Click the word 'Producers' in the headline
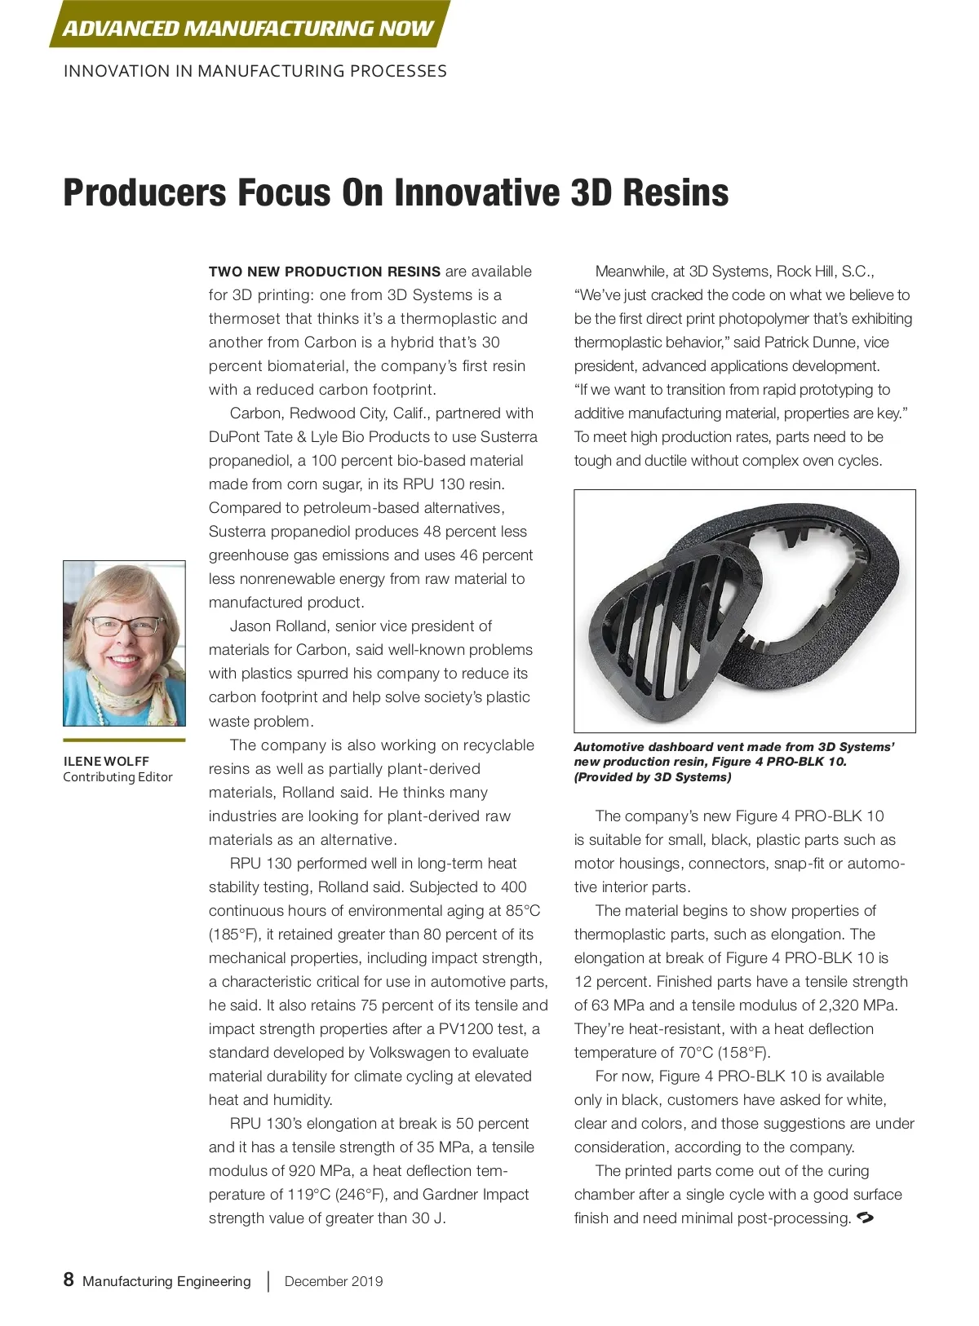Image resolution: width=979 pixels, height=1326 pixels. pyautogui.click(x=144, y=193)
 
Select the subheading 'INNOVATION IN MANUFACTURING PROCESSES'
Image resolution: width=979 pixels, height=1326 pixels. pyautogui.click(x=255, y=71)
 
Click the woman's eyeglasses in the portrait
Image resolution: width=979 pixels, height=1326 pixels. pyautogui.click(x=124, y=626)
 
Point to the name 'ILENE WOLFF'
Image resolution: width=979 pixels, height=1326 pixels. pyautogui.click(x=106, y=761)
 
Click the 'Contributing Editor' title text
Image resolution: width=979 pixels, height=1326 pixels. pyautogui.click(x=117, y=777)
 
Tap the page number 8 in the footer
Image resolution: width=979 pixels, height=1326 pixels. pyautogui.click(x=69, y=1280)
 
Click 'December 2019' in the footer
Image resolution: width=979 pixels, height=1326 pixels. pyautogui.click(x=334, y=1281)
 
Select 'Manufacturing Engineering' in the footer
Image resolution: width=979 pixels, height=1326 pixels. pyautogui.click(x=166, y=1281)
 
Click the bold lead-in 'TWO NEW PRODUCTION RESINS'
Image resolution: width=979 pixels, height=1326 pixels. pyautogui.click(x=325, y=272)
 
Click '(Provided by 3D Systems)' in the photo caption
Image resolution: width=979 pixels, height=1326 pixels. pyautogui.click(x=653, y=777)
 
